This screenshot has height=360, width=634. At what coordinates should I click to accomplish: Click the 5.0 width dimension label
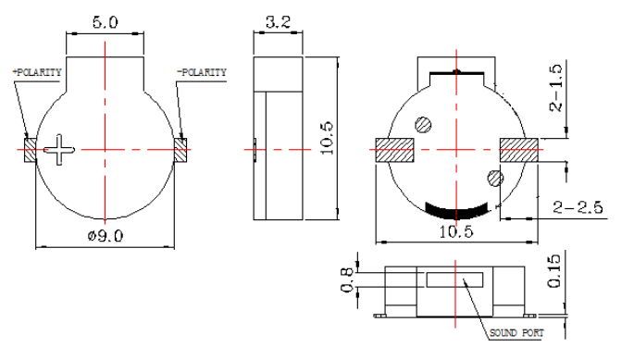click(106, 22)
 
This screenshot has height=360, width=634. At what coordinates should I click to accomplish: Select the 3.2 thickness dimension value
click(278, 22)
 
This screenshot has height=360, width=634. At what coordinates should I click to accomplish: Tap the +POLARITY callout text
click(37, 72)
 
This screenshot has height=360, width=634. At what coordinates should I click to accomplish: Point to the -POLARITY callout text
click(202, 72)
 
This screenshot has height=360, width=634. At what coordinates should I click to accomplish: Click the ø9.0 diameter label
click(106, 235)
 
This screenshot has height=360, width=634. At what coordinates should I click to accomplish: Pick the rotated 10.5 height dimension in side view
click(327, 138)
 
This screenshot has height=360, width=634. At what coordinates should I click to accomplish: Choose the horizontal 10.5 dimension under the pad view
click(456, 231)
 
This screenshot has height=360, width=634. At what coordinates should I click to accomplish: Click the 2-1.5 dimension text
click(556, 88)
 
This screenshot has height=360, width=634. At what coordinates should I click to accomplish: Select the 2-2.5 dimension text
click(578, 207)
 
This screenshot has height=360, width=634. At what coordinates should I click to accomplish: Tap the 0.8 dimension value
click(347, 280)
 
